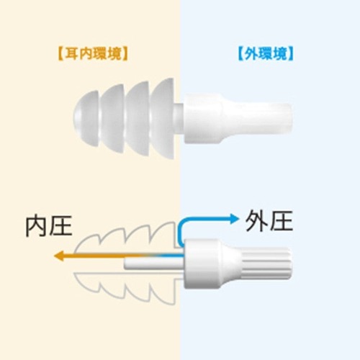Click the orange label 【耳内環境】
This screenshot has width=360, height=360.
pyautogui.click(x=93, y=54)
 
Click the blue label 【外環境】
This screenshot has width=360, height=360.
pyautogui.click(x=266, y=54)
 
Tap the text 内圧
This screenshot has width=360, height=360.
pyautogui.click(x=49, y=226)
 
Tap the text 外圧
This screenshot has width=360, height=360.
pyautogui.click(x=269, y=221)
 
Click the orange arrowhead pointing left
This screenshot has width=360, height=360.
pyautogui.click(x=59, y=256)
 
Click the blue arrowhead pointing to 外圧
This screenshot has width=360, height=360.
pyautogui.click(x=235, y=219)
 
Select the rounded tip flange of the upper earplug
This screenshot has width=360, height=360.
pyautogui.click(x=86, y=119)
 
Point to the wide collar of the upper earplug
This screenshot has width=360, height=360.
pyautogui.click(x=203, y=119)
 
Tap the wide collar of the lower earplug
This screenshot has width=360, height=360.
pyautogui.click(x=203, y=264)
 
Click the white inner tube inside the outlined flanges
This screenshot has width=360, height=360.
pyautogui.click(x=154, y=264)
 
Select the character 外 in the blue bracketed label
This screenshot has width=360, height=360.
pyautogui.click(x=251, y=54)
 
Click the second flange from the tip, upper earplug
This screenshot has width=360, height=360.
pyautogui.click(x=112, y=119)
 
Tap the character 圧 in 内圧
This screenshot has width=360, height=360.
pyautogui.click(x=60, y=226)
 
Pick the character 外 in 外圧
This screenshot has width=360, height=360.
pyautogui.click(x=257, y=221)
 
